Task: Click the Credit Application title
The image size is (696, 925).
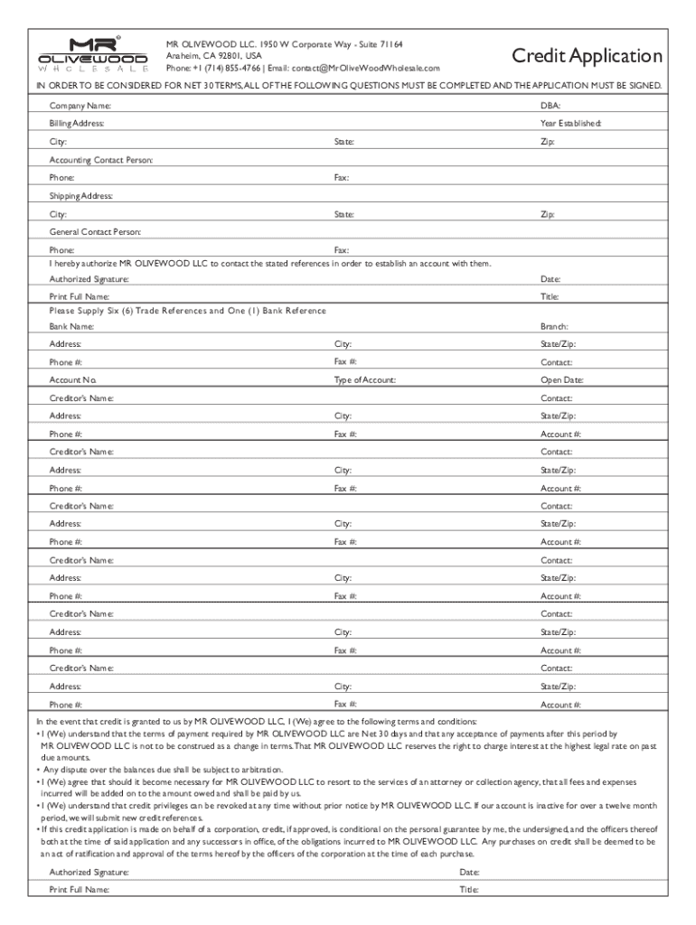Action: click(587, 56)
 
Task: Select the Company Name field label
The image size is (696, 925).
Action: click(80, 107)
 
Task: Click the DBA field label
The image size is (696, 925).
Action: click(550, 107)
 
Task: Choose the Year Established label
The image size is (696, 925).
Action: click(570, 123)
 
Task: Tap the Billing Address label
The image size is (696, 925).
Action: click(77, 123)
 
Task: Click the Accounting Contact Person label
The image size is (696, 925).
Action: click(101, 159)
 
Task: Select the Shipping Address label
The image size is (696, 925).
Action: click(80, 195)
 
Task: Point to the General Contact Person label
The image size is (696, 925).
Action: click(95, 231)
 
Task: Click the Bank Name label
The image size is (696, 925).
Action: click(71, 326)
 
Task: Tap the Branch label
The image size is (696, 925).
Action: click(554, 326)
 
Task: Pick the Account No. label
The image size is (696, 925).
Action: click(73, 380)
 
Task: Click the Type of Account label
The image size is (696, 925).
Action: click(364, 380)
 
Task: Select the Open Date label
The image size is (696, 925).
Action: click(561, 380)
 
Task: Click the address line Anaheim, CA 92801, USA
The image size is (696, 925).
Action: click(213, 56)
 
